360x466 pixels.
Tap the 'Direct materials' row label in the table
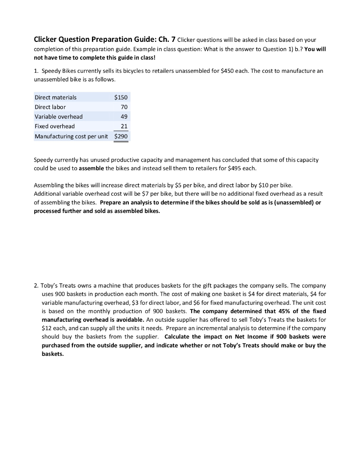pos(56,97)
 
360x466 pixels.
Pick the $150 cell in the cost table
pos(121,97)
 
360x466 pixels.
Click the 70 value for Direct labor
pos(124,107)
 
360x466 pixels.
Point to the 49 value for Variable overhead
pos(124,116)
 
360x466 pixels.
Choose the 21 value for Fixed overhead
pos(124,126)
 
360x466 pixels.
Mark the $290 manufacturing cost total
pos(121,136)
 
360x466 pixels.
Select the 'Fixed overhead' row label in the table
pos(55,126)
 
